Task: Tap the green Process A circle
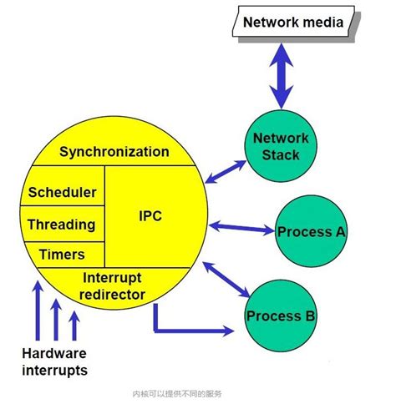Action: coord(311,231)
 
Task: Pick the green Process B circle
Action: coord(280,316)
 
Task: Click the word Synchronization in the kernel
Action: coord(114,152)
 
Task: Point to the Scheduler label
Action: coord(62,192)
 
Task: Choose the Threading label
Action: coord(61,225)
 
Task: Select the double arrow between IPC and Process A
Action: coord(242,226)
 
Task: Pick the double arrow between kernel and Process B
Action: coord(227,279)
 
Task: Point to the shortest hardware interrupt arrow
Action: coord(75,326)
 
